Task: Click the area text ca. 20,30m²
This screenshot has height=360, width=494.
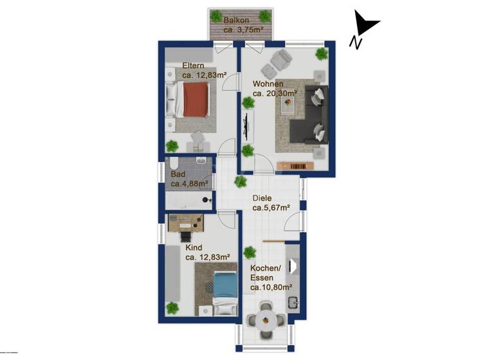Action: [275, 94]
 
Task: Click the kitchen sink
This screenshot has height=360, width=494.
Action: [293, 303]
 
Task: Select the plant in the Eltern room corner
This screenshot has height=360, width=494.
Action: [172, 146]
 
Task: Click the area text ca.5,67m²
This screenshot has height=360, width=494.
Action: [271, 208]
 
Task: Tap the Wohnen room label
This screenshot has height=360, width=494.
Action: [268, 84]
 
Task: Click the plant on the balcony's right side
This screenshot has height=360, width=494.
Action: [264, 16]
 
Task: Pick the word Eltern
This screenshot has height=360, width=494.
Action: [194, 66]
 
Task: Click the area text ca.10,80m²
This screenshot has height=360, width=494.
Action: [271, 287]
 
